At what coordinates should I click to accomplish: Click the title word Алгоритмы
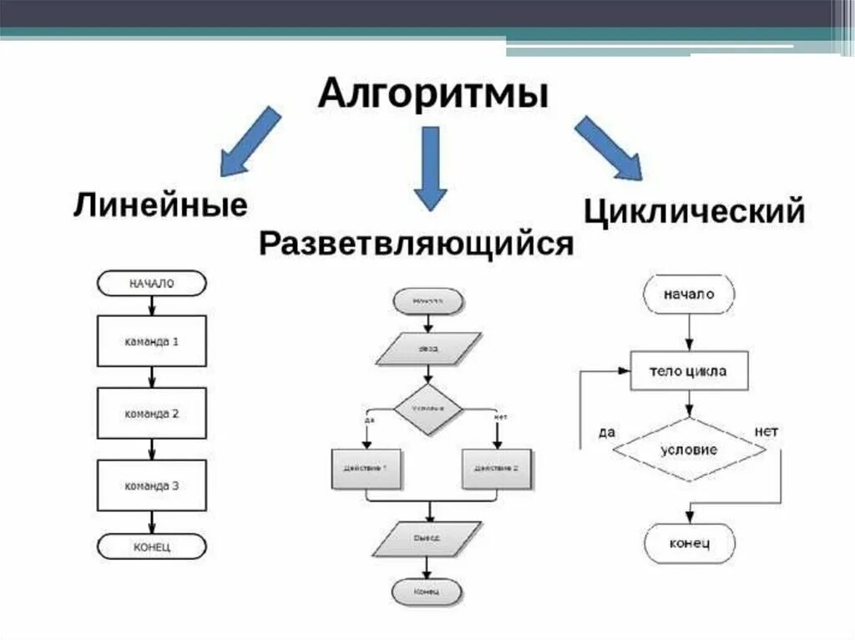pyautogui.click(x=433, y=92)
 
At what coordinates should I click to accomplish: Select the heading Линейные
pyautogui.click(x=160, y=204)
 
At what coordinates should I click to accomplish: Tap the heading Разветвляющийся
pyautogui.click(x=416, y=244)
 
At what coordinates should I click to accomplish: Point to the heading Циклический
pyautogui.click(x=694, y=210)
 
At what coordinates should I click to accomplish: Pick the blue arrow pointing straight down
pyautogui.click(x=430, y=167)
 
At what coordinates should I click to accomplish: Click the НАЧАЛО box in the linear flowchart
pyautogui.click(x=151, y=283)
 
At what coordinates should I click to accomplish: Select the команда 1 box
pyautogui.click(x=151, y=341)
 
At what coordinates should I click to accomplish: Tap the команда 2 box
pyautogui.click(x=151, y=414)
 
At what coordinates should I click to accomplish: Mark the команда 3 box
pyautogui.click(x=151, y=486)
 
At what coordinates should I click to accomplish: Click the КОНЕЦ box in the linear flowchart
pyautogui.click(x=151, y=547)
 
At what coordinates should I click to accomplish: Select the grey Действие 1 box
pyautogui.click(x=366, y=469)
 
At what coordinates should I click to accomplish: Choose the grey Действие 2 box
pyautogui.click(x=496, y=469)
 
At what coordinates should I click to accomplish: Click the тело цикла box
pyautogui.click(x=688, y=371)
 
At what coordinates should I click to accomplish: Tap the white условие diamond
pyautogui.click(x=689, y=449)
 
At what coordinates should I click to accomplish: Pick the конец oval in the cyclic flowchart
pyautogui.click(x=689, y=544)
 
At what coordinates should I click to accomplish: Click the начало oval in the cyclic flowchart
pyautogui.click(x=689, y=294)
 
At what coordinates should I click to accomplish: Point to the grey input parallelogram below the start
pyautogui.click(x=427, y=350)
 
